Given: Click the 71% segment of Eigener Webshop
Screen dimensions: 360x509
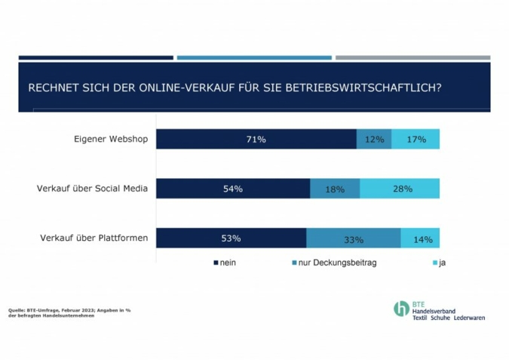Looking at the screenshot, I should click(256, 139).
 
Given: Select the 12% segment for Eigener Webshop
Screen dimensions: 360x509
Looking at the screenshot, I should click(374, 139).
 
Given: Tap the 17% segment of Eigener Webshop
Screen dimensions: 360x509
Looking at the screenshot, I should click(415, 139).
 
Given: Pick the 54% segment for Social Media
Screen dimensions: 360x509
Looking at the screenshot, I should click(233, 189).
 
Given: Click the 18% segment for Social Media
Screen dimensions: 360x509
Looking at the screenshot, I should click(335, 189).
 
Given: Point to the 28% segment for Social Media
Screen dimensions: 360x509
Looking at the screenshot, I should click(400, 189).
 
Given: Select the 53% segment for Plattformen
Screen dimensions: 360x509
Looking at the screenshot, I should click(231, 238).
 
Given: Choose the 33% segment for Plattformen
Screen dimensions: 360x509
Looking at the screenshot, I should click(354, 238).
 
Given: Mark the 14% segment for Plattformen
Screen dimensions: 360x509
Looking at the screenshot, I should click(421, 238).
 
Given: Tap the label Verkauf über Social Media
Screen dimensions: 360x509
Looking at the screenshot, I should click(92, 189).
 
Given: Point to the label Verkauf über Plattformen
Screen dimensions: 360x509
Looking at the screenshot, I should click(94, 238).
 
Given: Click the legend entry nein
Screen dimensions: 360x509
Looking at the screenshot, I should click(227, 263).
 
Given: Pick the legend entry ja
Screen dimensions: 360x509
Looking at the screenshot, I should click(442, 263).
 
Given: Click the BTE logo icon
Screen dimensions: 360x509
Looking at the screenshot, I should click(401, 309).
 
